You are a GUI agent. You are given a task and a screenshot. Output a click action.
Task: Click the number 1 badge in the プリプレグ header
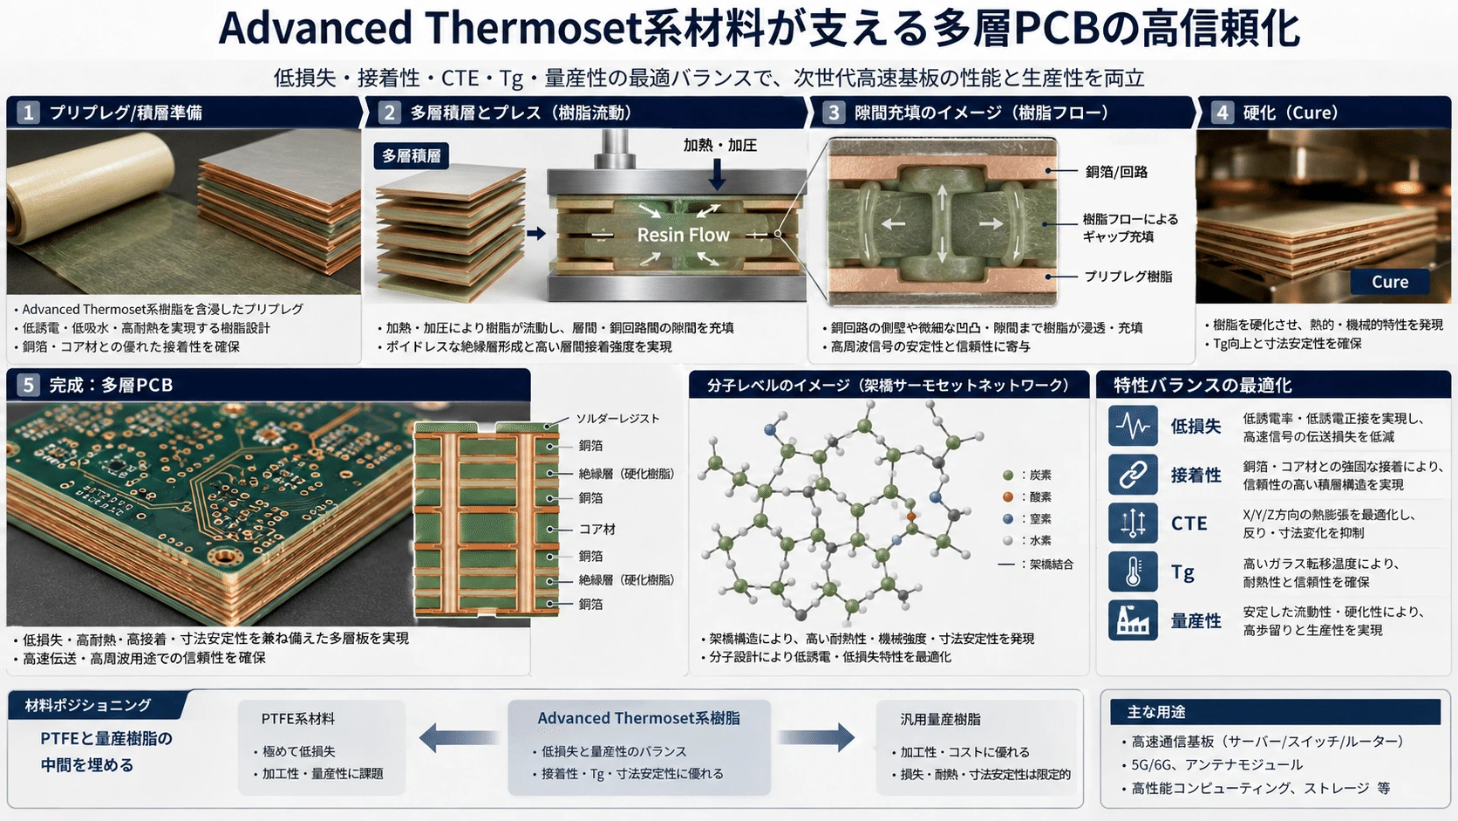pyautogui.click(x=27, y=113)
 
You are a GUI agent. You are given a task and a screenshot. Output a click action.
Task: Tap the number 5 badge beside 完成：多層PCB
pyautogui.click(x=27, y=385)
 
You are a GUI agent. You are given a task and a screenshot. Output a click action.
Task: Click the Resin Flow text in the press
pyautogui.click(x=683, y=235)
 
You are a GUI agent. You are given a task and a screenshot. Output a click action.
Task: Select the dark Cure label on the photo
pyautogui.click(x=1390, y=282)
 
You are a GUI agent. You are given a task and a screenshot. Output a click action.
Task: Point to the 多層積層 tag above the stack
pyautogui.click(x=411, y=156)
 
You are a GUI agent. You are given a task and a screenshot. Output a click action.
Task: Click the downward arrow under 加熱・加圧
pyautogui.click(x=718, y=174)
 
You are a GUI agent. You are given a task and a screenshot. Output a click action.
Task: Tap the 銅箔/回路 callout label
pyautogui.click(x=1115, y=172)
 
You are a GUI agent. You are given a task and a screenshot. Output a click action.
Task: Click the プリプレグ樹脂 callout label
pyautogui.click(x=1128, y=277)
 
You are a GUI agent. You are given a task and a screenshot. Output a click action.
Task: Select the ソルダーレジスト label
pyautogui.click(x=617, y=419)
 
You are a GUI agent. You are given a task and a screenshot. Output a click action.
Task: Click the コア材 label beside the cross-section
pyautogui.click(x=596, y=530)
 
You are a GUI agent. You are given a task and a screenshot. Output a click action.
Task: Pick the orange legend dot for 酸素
pyautogui.click(x=1007, y=497)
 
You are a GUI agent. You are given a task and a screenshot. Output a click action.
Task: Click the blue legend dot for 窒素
pyautogui.click(x=1007, y=519)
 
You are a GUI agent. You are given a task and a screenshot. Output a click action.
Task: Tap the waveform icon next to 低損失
pyautogui.click(x=1133, y=426)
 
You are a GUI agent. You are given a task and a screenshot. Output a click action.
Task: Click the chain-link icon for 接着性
pyautogui.click(x=1133, y=475)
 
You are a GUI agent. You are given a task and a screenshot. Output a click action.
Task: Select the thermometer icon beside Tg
pyautogui.click(x=1133, y=571)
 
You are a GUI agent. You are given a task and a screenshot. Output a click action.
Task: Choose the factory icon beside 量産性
pyautogui.click(x=1133, y=620)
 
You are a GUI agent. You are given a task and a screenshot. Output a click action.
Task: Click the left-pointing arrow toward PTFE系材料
pyautogui.click(x=458, y=737)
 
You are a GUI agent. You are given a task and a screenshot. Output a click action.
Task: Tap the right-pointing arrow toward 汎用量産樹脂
pyautogui.click(x=815, y=737)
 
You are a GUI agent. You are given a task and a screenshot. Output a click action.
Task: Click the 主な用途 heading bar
pyautogui.click(x=1275, y=712)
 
